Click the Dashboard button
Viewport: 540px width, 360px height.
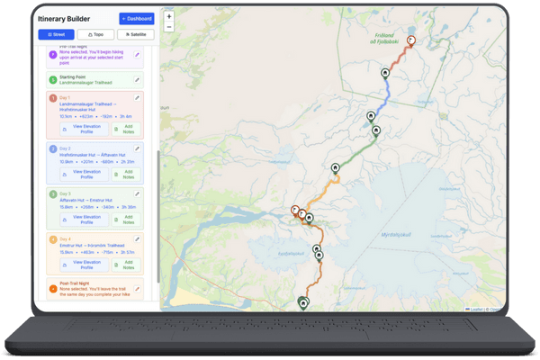click(137, 18)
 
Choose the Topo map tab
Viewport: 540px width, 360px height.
click(96, 35)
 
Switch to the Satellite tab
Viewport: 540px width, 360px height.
click(137, 35)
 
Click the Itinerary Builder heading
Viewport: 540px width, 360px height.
click(71, 18)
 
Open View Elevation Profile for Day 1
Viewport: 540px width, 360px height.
click(86, 130)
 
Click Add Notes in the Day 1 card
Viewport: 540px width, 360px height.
click(128, 130)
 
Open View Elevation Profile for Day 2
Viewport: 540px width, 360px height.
click(86, 173)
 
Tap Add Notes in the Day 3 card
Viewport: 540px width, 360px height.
click(128, 218)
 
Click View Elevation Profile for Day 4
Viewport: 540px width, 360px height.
click(86, 265)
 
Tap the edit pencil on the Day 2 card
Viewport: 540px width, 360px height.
click(138, 148)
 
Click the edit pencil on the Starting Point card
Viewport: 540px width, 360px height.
click(138, 78)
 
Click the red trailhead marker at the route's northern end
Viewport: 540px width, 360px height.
click(411, 40)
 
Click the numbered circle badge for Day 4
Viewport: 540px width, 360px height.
click(53, 239)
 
